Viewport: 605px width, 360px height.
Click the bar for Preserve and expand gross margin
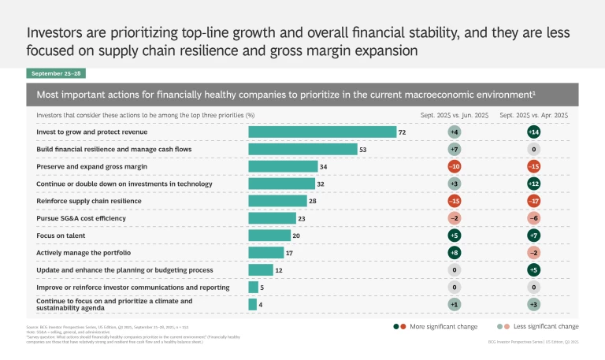[x=283, y=166]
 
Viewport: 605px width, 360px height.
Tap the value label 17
[x=289, y=253]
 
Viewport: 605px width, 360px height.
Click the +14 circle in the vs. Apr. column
[x=533, y=132]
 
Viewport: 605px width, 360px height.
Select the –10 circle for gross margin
[x=454, y=166]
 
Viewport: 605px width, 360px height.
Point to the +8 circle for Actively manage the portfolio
[x=454, y=252]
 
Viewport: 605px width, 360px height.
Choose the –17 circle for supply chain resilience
[x=533, y=201]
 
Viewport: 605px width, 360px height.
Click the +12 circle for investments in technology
[x=533, y=184]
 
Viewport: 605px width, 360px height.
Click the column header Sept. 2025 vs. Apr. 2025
[x=533, y=115]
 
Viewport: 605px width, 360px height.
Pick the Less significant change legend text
[x=545, y=325]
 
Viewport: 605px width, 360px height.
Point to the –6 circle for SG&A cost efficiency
[x=533, y=218]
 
